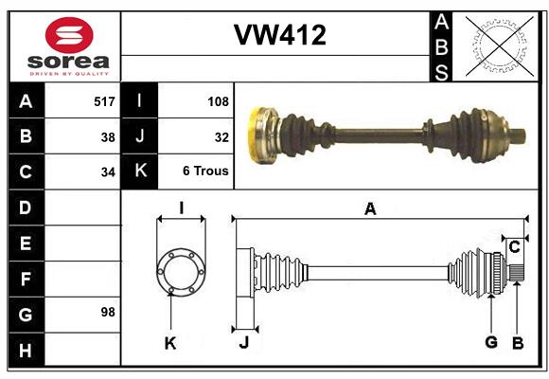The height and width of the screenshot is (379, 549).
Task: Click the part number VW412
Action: pyautogui.click(x=279, y=36)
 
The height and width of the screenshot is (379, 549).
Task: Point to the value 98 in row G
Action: pyautogui.click(x=107, y=312)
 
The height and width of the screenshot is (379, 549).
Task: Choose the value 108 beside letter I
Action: pyautogui.click(x=217, y=100)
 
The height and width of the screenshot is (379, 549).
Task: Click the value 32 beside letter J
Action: pyautogui.click(x=221, y=136)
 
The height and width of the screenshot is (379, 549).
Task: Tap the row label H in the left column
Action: pyautogui.click(x=26, y=351)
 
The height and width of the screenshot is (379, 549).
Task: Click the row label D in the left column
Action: pyautogui.click(x=26, y=207)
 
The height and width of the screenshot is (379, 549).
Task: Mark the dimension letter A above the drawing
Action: pyautogui.click(x=370, y=208)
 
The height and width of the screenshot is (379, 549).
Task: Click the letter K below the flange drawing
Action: pyautogui.click(x=170, y=343)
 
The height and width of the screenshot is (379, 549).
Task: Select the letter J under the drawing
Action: pyautogui.click(x=243, y=343)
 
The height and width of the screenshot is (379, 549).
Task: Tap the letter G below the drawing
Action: pyautogui.click(x=491, y=343)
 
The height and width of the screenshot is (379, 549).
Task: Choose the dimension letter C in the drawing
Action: pyautogui.click(x=515, y=247)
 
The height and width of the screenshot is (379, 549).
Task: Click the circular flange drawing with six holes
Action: pyautogui.click(x=180, y=270)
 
